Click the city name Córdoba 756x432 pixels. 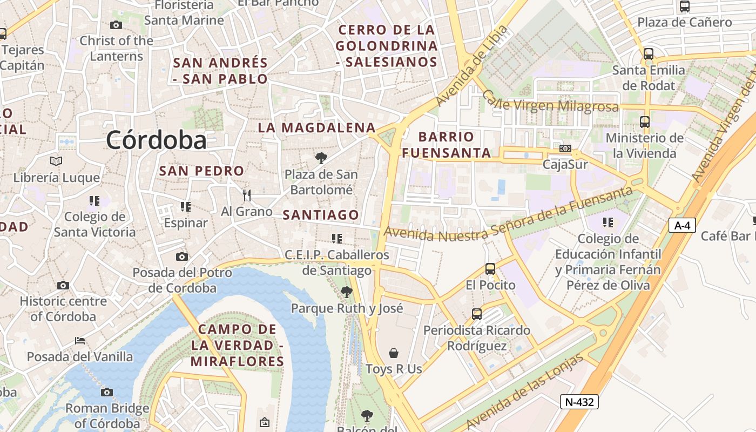(156, 140)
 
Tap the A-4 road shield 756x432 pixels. (682, 225)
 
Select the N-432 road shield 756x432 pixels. (579, 401)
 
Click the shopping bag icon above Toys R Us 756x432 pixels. (394, 353)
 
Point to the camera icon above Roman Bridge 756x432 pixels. (107, 392)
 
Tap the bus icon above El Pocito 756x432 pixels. (490, 268)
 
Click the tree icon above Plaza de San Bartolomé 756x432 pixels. (321, 158)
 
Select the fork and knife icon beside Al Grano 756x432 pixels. (247, 195)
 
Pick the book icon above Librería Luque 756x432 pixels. (56, 161)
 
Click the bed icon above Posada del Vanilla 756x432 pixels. (80, 341)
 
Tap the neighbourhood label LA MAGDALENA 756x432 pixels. (316, 128)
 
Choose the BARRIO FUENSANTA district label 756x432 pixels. (447, 145)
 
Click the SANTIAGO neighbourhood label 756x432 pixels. (321, 215)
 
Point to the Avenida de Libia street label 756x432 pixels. (471, 66)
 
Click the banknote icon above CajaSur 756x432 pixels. (565, 148)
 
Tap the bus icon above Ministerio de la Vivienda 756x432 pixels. (644, 122)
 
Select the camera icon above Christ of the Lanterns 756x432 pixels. (116, 25)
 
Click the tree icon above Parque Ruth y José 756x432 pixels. (347, 292)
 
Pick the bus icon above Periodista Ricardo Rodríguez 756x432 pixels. (476, 314)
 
